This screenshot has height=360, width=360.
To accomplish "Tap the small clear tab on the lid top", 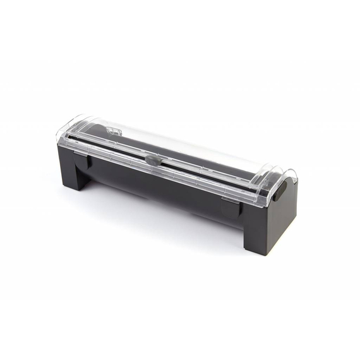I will [x=114, y=131].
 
